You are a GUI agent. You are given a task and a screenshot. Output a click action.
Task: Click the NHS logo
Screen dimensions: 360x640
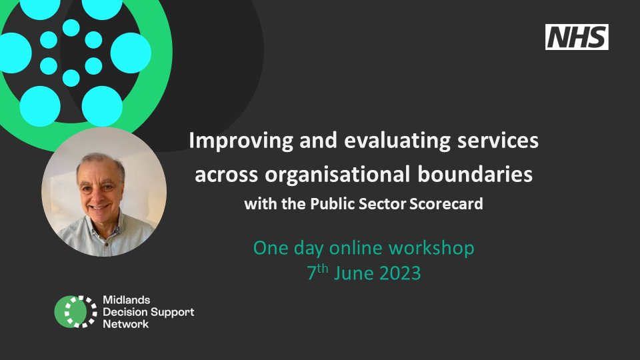point(577,37)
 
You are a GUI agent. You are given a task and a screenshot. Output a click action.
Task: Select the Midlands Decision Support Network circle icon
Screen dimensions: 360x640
point(76,312)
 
